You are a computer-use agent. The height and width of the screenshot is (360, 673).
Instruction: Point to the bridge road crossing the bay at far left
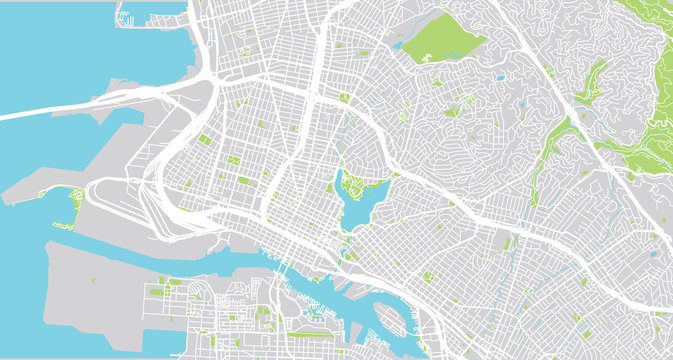(60, 105)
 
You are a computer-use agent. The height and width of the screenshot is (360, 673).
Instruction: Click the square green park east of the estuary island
(429, 277)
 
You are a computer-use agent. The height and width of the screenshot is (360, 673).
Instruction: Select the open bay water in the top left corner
(50, 40)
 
